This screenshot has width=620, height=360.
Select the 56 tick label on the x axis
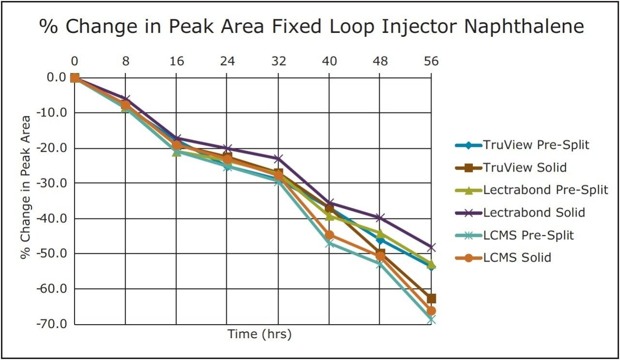pos(431,62)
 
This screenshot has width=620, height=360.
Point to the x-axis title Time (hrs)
pos(260,334)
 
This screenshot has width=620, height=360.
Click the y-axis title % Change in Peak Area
pos(26,187)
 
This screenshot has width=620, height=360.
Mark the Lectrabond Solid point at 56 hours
pos(431,247)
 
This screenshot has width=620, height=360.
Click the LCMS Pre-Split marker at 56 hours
pos(431,320)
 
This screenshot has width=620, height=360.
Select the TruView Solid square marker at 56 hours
pos(431,298)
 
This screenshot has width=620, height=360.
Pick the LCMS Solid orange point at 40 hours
pos(329,235)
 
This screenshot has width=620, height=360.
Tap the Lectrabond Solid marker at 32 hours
pos(278,158)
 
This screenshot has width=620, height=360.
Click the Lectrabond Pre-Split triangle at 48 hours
pos(380,234)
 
